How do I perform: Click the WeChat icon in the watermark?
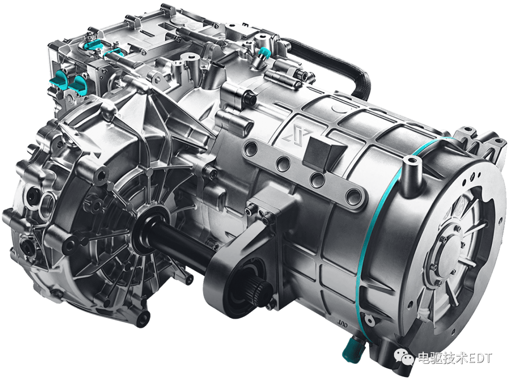[404, 358]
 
